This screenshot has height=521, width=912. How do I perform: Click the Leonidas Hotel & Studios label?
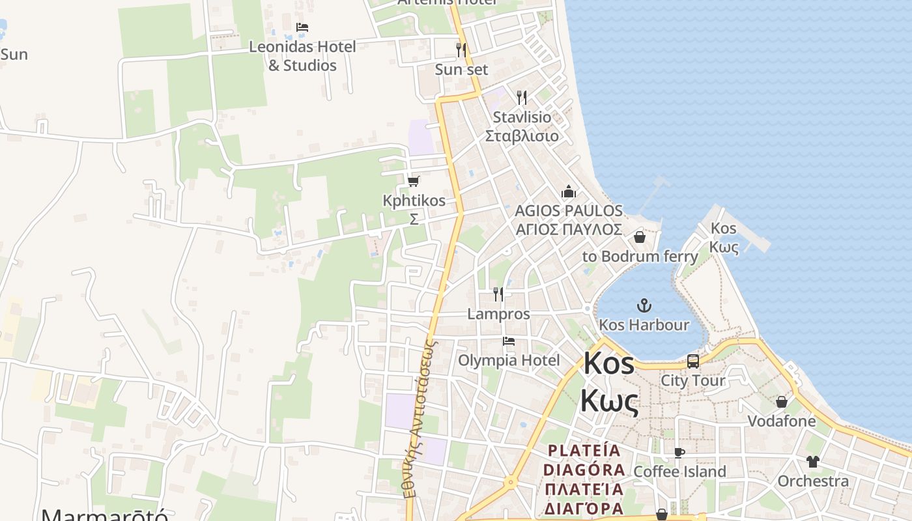pyautogui.click(x=302, y=56)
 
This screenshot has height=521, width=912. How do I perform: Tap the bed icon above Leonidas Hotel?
pyautogui.click(x=302, y=27)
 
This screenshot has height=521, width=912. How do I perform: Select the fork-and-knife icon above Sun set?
pyautogui.click(x=461, y=49)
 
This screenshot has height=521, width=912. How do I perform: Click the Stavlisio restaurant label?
pyautogui.click(x=522, y=126)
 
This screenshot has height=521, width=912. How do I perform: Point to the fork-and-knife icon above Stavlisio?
pyautogui.click(x=522, y=98)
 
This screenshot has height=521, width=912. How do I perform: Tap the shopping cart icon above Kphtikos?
pyautogui.click(x=414, y=181)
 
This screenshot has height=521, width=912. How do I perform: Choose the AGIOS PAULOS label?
pyautogui.click(x=569, y=220)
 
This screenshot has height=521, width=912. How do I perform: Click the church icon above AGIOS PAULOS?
pyautogui.click(x=569, y=192)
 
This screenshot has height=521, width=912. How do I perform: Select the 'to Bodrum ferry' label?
pyautogui.click(x=640, y=256)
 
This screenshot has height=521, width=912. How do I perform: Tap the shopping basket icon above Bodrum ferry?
pyautogui.click(x=640, y=237)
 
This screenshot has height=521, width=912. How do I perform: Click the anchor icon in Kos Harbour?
pyautogui.click(x=644, y=305)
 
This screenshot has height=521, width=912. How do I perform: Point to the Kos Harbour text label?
pyautogui.click(x=644, y=324)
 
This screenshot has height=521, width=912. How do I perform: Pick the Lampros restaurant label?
pyautogui.click(x=498, y=314)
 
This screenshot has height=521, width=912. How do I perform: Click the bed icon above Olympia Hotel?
pyautogui.click(x=509, y=341)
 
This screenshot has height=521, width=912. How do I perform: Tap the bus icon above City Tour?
pyautogui.click(x=693, y=361)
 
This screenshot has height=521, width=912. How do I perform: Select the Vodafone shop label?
pyautogui.click(x=781, y=421)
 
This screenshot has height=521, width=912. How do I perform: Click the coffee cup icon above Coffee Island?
pyautogui.click(x=679, y=453)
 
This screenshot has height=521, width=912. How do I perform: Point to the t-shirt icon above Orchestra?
pyautogui.click(x=813, y=462)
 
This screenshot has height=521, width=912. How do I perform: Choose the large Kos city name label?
pyautogui.click(x=608, y=381)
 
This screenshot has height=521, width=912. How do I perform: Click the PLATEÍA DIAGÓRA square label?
pyautogui.click(x=584, y=479)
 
